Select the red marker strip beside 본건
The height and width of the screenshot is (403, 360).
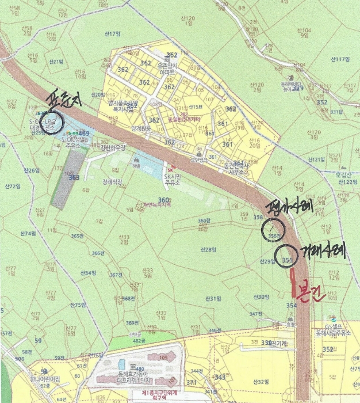(x=294, y=282)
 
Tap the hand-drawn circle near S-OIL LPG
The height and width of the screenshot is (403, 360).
(x=52, y=124)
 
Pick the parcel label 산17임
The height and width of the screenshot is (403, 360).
(x=112, y=34)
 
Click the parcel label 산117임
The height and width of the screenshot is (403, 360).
(x=340, y=59)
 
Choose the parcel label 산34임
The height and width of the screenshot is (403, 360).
(x=87, y=272)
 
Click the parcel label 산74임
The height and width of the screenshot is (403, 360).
(x=28, y=233)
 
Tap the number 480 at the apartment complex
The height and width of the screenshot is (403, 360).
(x=137, y=369)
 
